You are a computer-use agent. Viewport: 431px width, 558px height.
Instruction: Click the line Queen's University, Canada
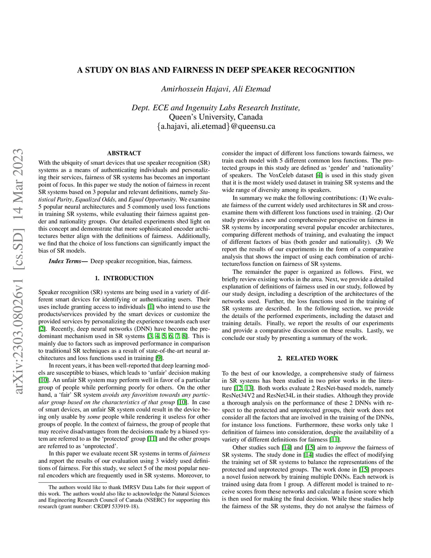click(215, 117)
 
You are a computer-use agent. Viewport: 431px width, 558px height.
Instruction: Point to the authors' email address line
click(215, 126)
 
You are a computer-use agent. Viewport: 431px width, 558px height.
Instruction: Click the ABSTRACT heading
click(124, 153)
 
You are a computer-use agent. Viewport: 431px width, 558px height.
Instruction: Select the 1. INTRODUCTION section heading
click(124, 278)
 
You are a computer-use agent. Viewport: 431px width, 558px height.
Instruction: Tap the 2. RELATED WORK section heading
click(308, 358)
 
